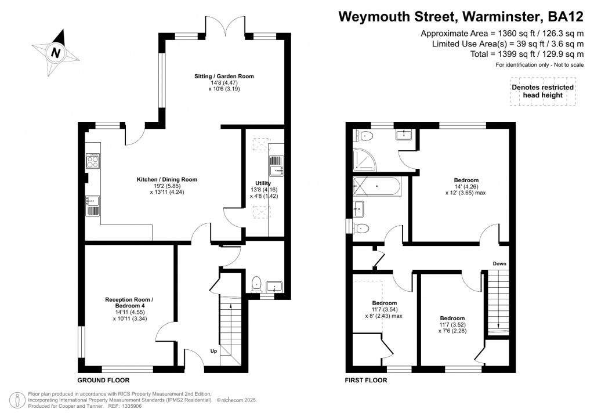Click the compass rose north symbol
pyautogui.click(x=56, y=52)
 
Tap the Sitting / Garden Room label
pyautogui.click(x=224, y=76)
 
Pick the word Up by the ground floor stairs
pyautogui.click(x=214, y=351)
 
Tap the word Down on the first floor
pyautogui.click(x=499, y=264)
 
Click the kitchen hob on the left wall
pyautogui.click(x=93, y=160)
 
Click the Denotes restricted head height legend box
pyautogui.click(x=542, y=91)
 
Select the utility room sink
pyautogui.click(x=276, y=170)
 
